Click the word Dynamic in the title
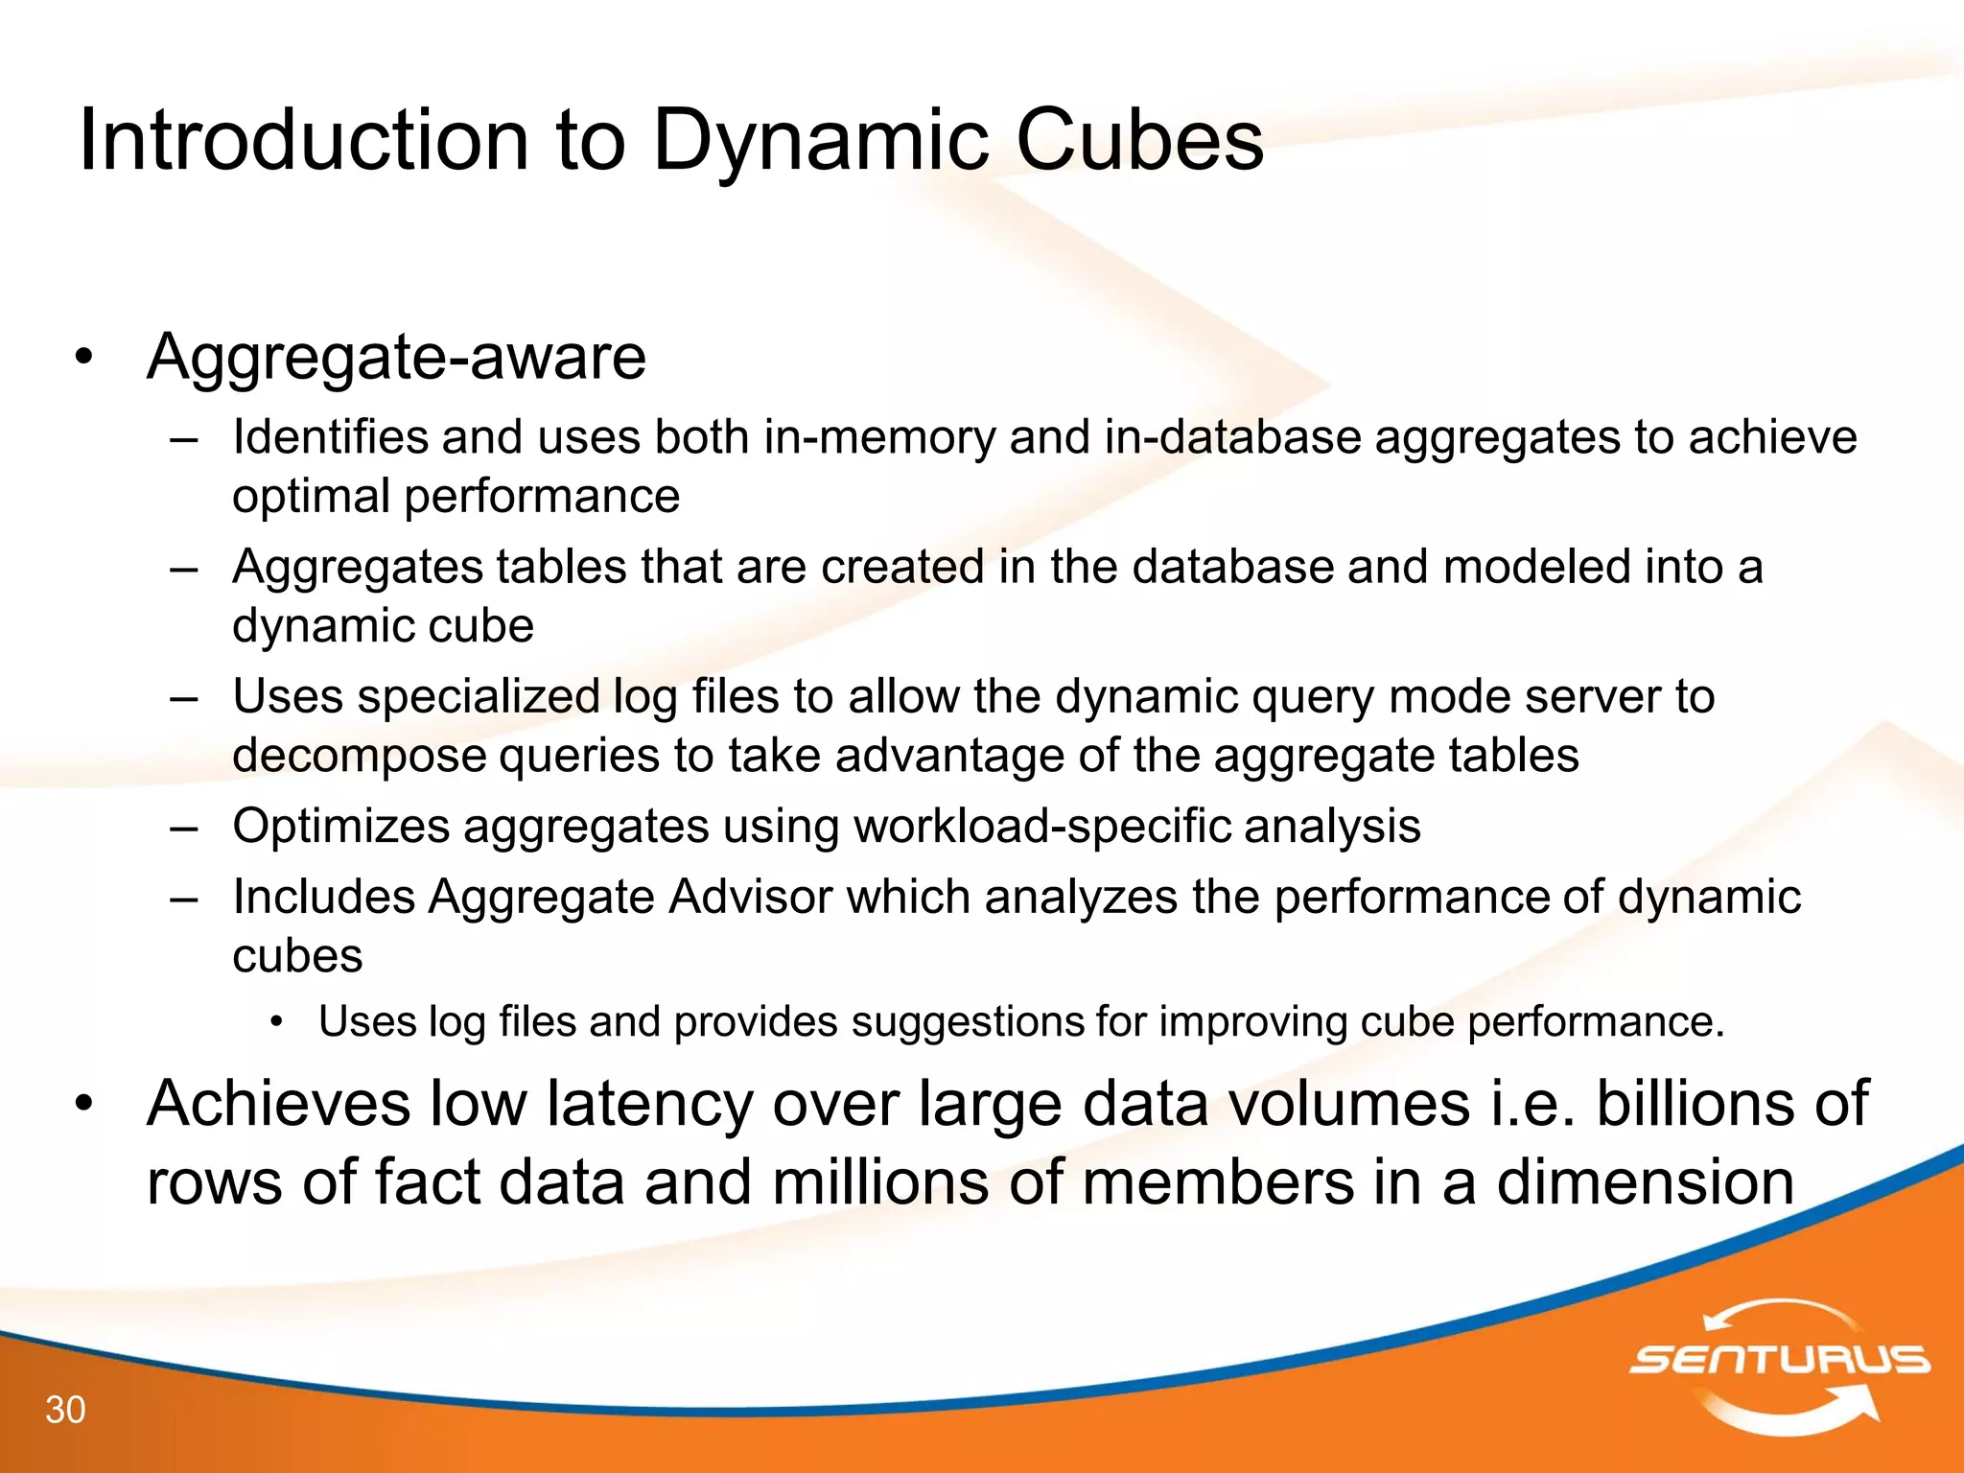pos(821,142)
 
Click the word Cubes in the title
pos(1138,140)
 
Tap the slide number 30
pos(65,1410)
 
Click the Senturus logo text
pos(1779,1360)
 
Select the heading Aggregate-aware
pos(396,358)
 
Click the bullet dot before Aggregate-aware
pos(85,358)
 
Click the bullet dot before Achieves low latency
pos(85,1104)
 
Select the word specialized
pos(479,697)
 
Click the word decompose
pos(359,756)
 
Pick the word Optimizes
pos(340,827)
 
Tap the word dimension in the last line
pos(1645,1181)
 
